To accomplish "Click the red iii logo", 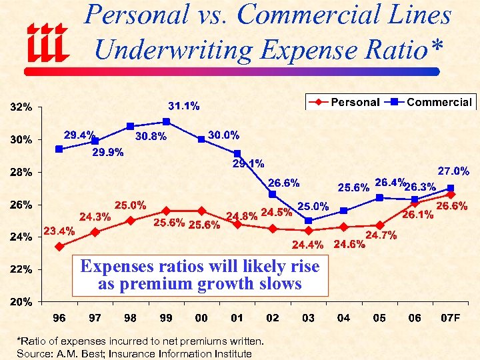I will [47, 41].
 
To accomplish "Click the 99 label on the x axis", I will [166, 318].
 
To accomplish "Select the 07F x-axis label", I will [451, 318].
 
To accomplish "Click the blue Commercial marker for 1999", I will [166, 122].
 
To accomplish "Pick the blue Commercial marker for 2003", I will [308, 221].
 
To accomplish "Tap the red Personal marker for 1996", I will [59, 246].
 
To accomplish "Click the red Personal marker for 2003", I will [308, 230].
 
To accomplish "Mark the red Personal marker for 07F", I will [451, 195].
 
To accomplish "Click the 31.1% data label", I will [183, 105].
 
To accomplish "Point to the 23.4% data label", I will [59, 231].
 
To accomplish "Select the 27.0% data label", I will [453, 171].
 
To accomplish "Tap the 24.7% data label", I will [381, 235].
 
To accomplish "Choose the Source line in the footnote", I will [134, 353].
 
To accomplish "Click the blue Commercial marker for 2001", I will [237, 154].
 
